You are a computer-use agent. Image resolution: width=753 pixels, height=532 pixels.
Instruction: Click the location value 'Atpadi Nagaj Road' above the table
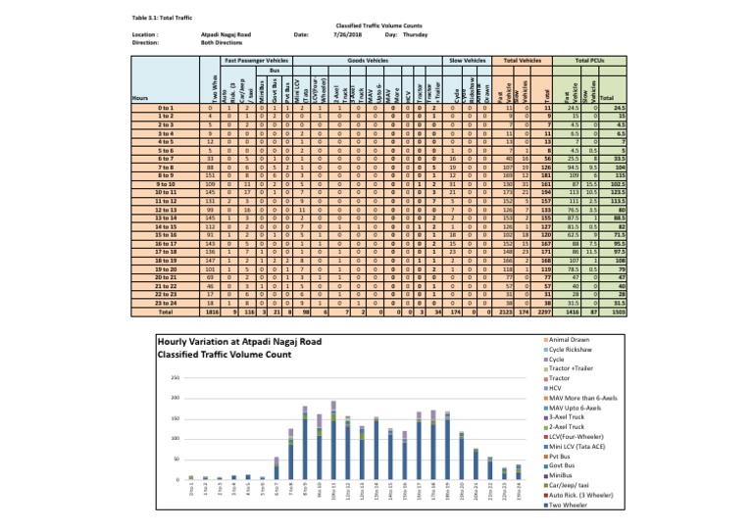216,35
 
